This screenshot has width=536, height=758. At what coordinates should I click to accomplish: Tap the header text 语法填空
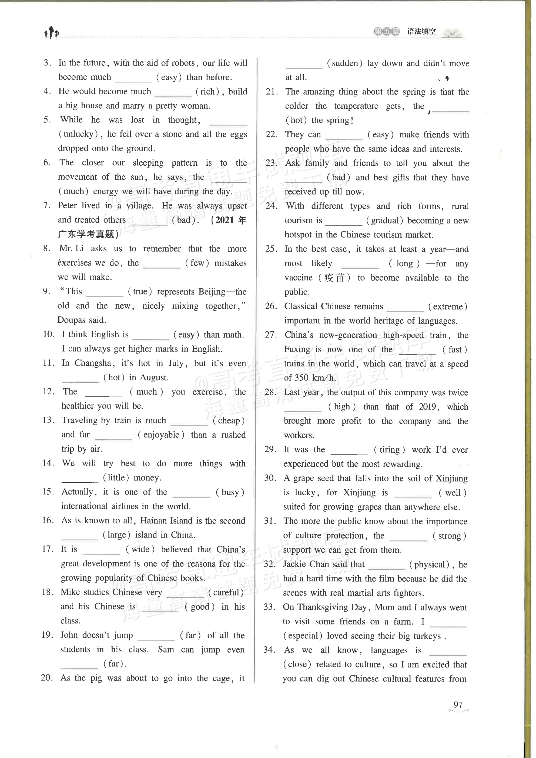[x=421, y=32]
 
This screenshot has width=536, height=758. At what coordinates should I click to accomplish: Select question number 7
[x=47, y=205]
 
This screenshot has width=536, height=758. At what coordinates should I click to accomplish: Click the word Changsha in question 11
[x=93, y=363]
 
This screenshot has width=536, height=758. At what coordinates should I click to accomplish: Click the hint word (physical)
[x=429, y=564]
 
